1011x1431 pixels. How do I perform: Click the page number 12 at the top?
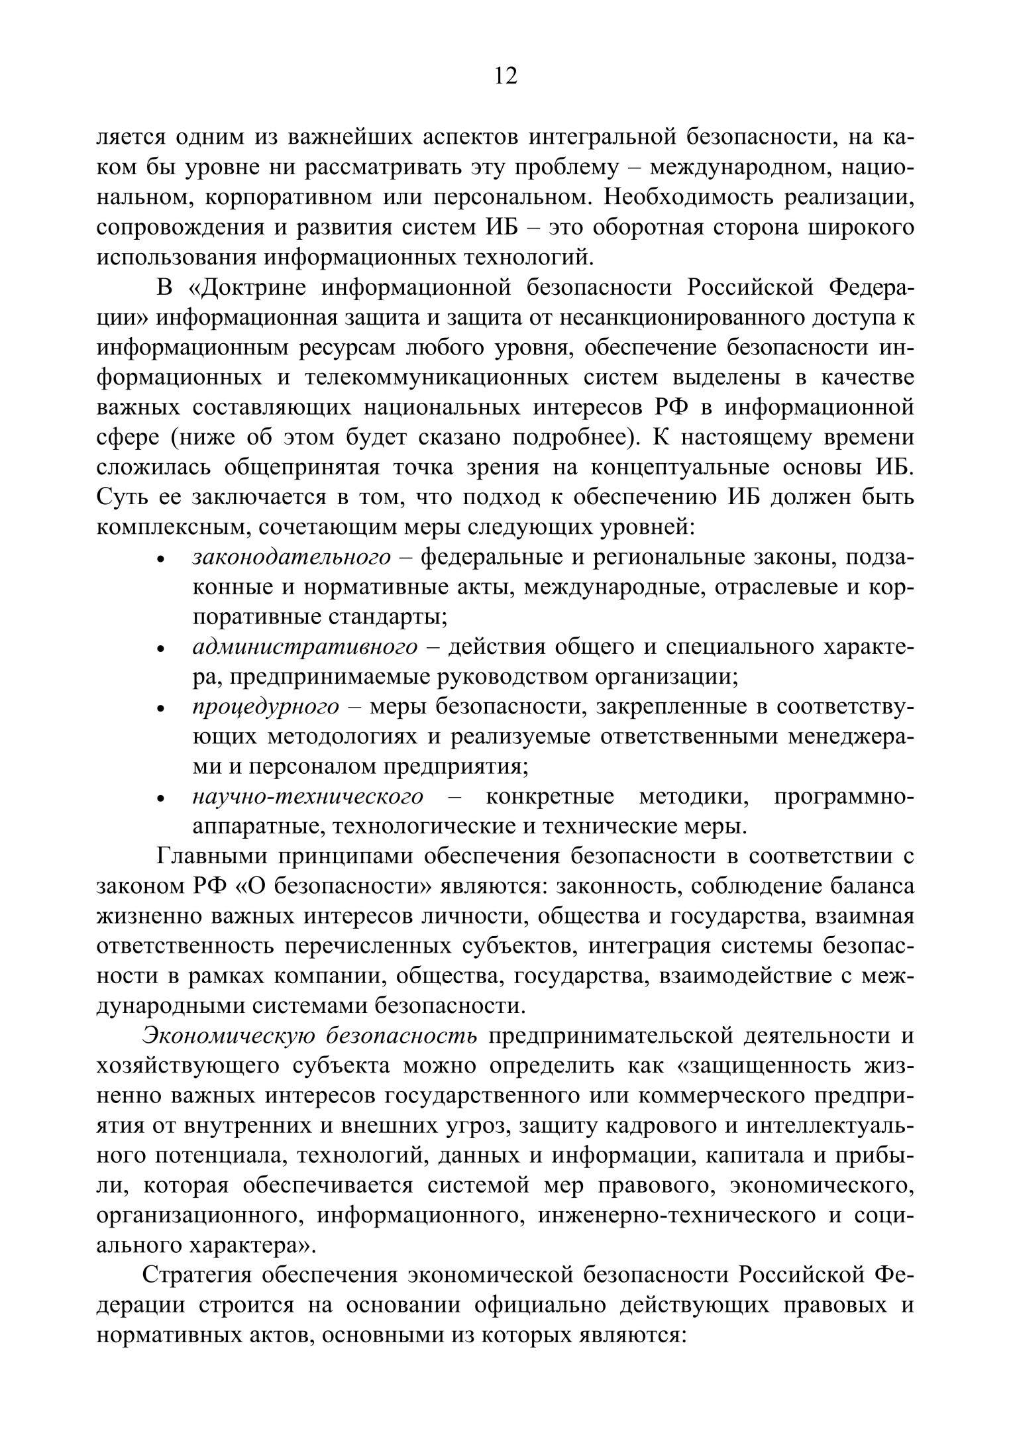505,77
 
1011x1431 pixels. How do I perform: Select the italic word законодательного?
292,558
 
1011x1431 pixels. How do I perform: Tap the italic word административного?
305,647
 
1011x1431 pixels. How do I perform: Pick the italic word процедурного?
266,707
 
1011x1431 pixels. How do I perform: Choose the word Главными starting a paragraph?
211,856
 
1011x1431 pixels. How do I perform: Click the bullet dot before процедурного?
161,709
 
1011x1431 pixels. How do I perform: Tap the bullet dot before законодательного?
161,560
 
